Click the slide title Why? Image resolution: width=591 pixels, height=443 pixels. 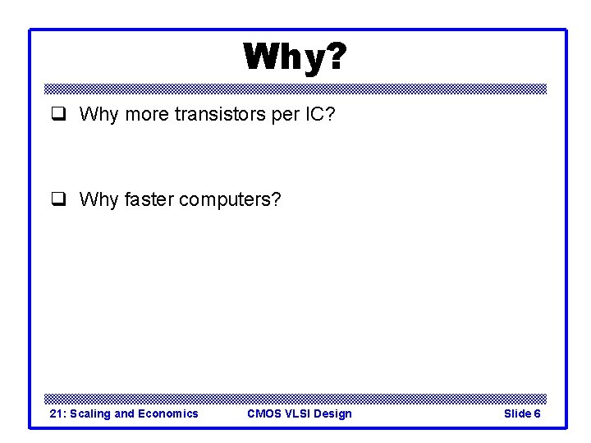tap(295, 57)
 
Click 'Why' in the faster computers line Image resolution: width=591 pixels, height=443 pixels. tap(98, 199)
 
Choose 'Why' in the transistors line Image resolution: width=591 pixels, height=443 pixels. tap(98, 114)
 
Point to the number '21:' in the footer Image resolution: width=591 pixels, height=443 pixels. tap(58, 413)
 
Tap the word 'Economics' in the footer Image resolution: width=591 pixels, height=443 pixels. tap(167, 413)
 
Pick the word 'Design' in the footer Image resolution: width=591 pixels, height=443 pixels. tap(333, 413)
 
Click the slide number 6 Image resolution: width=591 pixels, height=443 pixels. tap(537, 413)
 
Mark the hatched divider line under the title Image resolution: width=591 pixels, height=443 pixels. tap(295, 89)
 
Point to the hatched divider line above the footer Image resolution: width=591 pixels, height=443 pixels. tap(295, 398)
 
